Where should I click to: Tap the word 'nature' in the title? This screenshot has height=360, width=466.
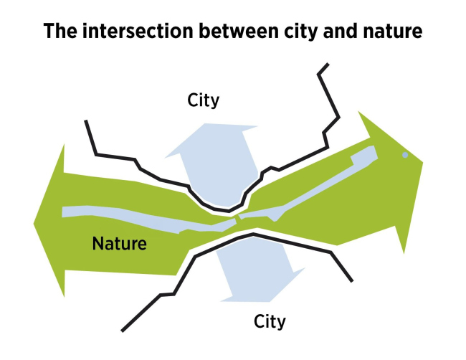click(391, 32)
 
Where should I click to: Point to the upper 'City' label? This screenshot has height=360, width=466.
click(203, 100)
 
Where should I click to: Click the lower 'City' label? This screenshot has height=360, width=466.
click(270, 321)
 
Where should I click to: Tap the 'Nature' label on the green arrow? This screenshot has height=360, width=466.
click(120, 244)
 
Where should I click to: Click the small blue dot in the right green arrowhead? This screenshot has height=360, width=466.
click(405, 154)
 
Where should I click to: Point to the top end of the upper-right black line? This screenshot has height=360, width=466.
click(328, 65)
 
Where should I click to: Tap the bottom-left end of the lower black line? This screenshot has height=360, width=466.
click(123, 331)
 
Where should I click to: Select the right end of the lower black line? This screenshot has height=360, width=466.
click(351, 279)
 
